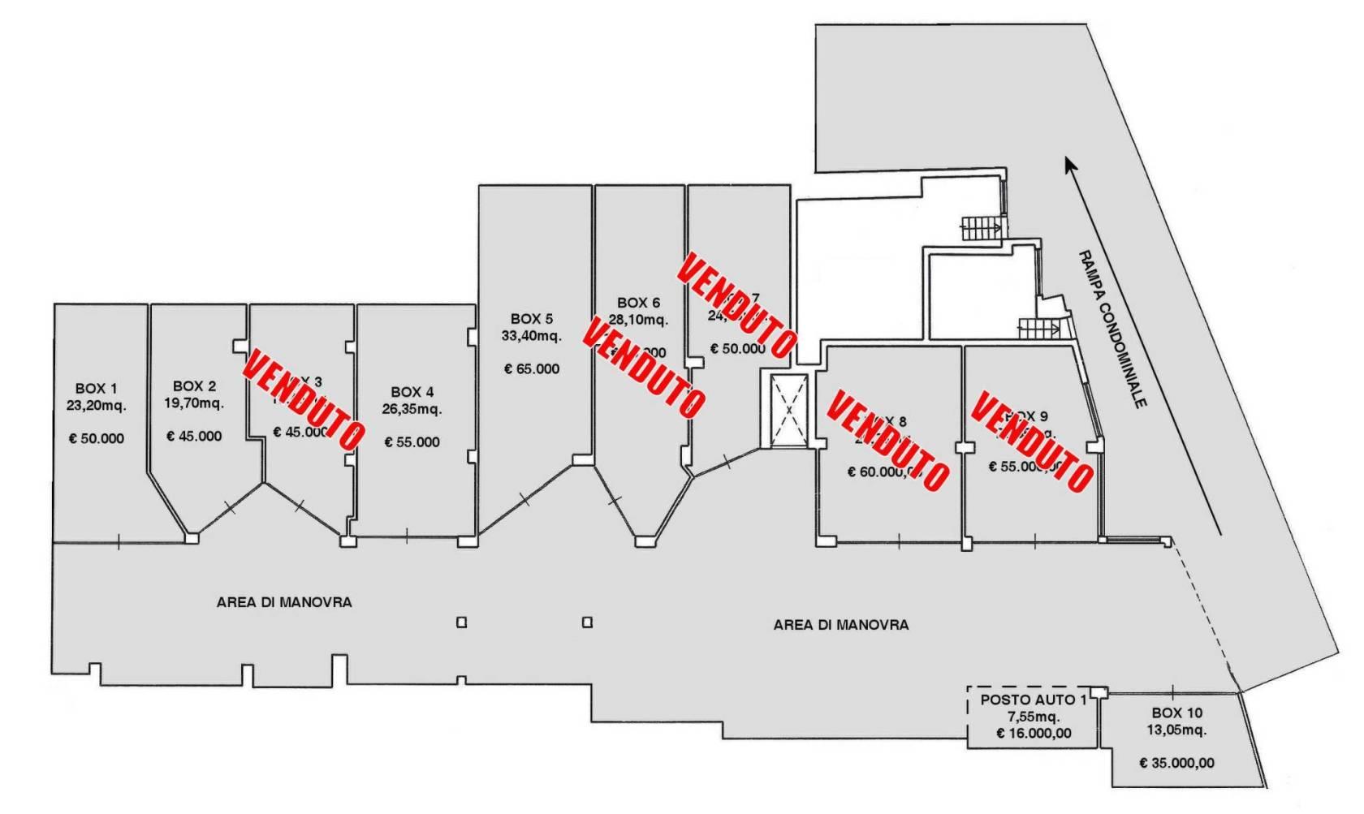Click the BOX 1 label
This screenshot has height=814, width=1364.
pos(96,389)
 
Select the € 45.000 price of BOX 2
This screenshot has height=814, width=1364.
pos(194,436)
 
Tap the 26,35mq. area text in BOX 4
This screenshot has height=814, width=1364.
pos(412,408)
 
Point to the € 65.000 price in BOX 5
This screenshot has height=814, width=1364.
pos(532,368)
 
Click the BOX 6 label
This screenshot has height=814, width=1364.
pos(638,303)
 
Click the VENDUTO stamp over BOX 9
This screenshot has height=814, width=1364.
pos(1032,441)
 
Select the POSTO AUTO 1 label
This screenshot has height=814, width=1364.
pos(1033,700)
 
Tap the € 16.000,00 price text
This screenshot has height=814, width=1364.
pos(1034,733)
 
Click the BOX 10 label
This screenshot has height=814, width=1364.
pos(1176,713)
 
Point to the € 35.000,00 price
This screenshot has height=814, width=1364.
pos(1176,763)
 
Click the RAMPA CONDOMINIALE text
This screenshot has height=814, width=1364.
pos(1111,329)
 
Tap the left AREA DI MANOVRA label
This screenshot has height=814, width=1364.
pos(284,602)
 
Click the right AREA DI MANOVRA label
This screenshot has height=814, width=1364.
pos(840,625)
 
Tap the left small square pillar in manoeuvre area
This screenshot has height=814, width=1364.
pos(461,622)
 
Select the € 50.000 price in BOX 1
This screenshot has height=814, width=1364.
pos(96,438)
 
